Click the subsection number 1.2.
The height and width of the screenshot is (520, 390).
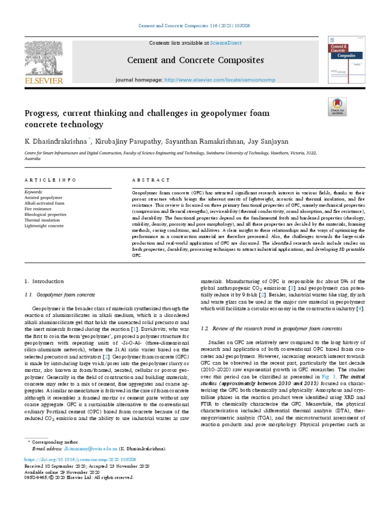point(206,330)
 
